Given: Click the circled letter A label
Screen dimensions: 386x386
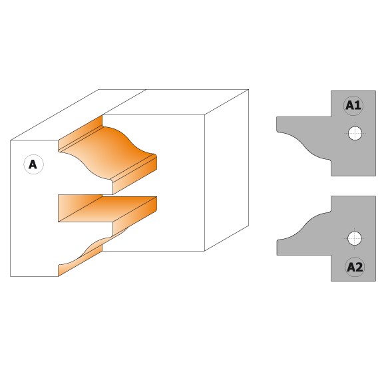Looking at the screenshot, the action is pyautogui.click(x=33, y=164).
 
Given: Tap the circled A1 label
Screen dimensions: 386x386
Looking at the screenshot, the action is pyautogui.click(x=353, y=106).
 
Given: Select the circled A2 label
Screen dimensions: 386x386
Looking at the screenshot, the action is pyautogui.click(x=355, y=267).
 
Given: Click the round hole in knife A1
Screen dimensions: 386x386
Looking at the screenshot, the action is pyautogui.click(x=355, y=133).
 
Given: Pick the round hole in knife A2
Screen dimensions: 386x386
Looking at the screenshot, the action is pyautogui.click(x=355, y=238).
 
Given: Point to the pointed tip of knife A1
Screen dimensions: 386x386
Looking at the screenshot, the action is pyautogui.click(x=278, y=131).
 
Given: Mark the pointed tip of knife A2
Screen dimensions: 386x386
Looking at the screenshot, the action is pyautogui.click(x=278, y=240).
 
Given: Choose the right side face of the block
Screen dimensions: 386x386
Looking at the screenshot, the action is pyautogui.click(x=226, y=170).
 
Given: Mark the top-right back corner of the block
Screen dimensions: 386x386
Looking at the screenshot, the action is pyautogui.click(x=248, y=90).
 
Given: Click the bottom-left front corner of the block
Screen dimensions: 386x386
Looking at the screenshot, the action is pyautogui.click(x=11, y=276).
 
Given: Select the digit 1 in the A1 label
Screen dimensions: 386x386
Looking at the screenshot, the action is pyautogui.click(x=358, y=105).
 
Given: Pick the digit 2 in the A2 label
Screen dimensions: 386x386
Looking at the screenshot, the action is pyautogui.click(x=359, y=267).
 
